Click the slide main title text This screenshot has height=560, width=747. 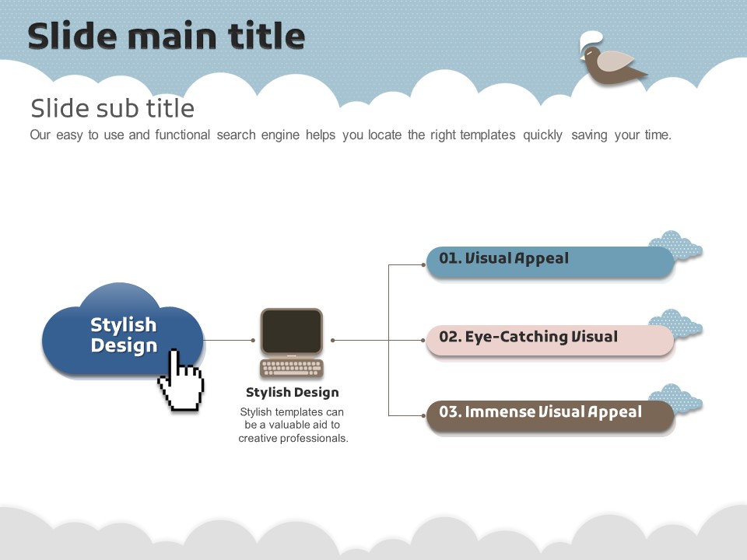[166, 37]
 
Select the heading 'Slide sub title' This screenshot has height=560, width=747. [112, 107]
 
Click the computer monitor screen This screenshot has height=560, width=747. [291, 331]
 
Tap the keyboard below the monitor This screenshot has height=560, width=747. [291, 368]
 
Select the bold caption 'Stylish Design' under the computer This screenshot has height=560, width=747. [292, 392]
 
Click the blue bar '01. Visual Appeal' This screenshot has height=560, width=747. [549, 261]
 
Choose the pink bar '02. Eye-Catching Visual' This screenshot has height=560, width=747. [549, 340]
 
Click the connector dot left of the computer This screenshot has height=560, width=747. [253, 340]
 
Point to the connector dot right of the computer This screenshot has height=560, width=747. [333, 340]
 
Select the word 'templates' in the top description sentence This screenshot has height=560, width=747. [487, 135]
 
